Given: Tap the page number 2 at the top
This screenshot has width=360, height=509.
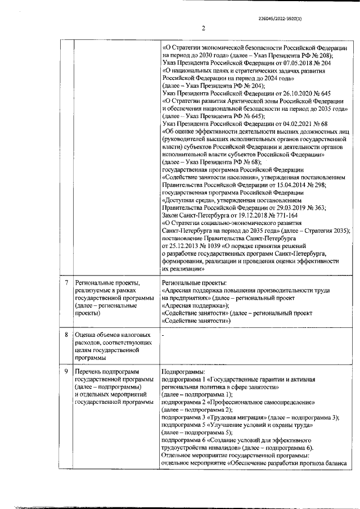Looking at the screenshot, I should [x=203, y=29].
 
